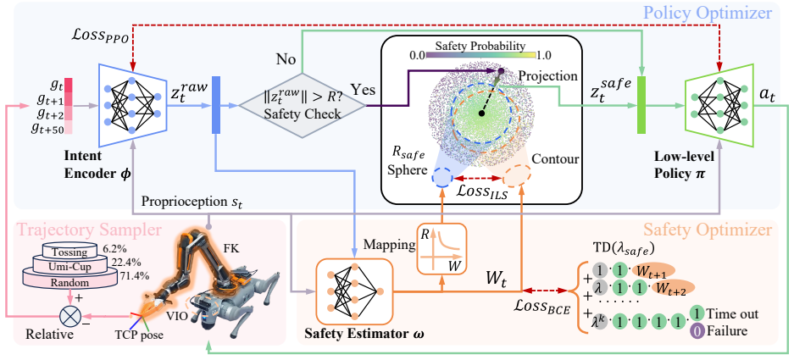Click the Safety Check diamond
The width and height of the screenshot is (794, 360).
click(x=303, y=106)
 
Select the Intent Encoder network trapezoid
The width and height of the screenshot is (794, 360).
click(x=132, y=105)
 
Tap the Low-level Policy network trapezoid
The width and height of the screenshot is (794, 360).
click(x=718, y=105)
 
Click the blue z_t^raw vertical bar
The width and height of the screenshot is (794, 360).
click(x=216, y=105)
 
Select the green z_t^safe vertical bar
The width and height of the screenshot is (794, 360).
click(x=641, y=105)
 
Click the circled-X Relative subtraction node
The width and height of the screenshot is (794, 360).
click(x=68, y=316)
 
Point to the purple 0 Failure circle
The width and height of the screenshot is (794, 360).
click(x=697, y=332)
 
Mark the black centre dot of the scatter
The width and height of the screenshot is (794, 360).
click(x=481, y=114)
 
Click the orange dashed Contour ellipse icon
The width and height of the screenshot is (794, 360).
click(x=517, y=177)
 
